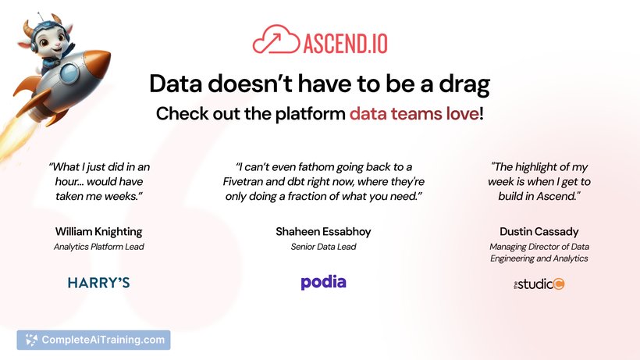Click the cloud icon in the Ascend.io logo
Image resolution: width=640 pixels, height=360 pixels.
click(x=276, y=40)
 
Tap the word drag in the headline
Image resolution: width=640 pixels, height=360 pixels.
click(x=464, y=84)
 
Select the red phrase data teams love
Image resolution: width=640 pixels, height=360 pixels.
click(x=414, y=113)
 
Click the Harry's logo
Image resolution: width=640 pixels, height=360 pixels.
click(x=99, y=283)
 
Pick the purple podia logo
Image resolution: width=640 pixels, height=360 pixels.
click(x=323, y=282)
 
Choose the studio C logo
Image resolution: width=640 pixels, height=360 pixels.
click(x=539, y=283)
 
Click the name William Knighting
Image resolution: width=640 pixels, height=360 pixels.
click(x=99, y=232)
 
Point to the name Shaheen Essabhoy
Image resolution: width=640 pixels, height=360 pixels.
click(x=323, y=232)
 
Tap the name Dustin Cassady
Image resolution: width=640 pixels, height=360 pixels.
click(x=539, y=232)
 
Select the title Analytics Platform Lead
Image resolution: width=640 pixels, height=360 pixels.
click(x=99, y=247)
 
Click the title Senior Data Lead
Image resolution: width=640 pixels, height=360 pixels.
click(x=323, y=247)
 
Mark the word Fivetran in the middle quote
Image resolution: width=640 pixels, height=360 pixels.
click(x=243, y=182)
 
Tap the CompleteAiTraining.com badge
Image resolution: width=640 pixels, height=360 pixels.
click(x=94, y=340)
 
